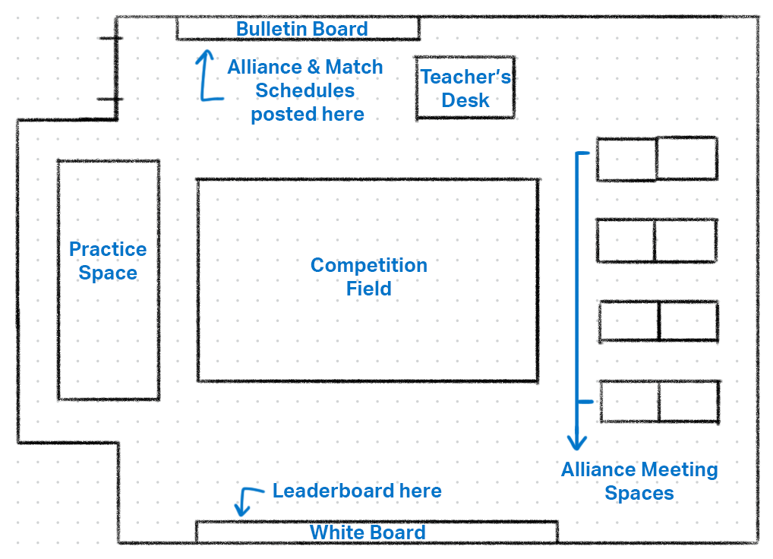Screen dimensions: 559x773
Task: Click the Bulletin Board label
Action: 301,29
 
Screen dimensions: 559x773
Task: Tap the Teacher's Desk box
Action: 465,88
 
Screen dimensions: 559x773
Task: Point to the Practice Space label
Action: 108,261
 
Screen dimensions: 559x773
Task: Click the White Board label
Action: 368,532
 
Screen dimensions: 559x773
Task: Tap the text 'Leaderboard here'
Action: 357,491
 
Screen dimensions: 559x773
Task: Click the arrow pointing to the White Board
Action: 244,502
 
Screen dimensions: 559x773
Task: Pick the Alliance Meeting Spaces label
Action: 639,481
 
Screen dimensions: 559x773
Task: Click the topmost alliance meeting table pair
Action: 657,159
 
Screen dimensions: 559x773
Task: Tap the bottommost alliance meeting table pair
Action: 659,402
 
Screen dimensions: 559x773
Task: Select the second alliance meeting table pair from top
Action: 656,240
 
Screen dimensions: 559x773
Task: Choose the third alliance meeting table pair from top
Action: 658,321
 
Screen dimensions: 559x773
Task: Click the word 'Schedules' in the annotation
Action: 304,90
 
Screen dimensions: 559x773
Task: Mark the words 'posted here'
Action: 308,114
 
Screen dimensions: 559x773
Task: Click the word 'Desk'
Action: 465,100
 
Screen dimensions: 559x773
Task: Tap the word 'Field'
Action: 369,289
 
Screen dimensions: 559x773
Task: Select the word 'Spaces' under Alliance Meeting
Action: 639,493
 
